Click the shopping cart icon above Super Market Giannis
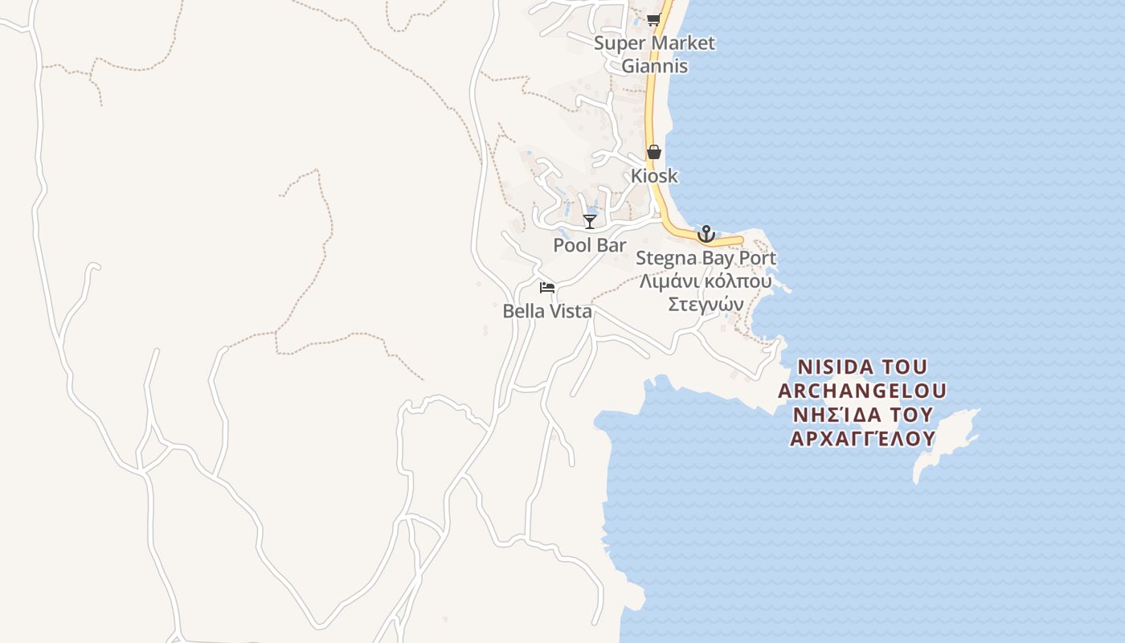653,20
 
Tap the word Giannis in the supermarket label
654,66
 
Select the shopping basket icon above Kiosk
654,152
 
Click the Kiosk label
654,176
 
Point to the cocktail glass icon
590,222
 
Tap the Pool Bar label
589,245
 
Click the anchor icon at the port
706,234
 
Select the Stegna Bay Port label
706,259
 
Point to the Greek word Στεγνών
706,305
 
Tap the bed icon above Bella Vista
547,287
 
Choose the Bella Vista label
547,311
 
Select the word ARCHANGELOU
861,391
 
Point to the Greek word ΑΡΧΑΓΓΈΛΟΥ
862,439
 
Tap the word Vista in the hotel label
570,311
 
